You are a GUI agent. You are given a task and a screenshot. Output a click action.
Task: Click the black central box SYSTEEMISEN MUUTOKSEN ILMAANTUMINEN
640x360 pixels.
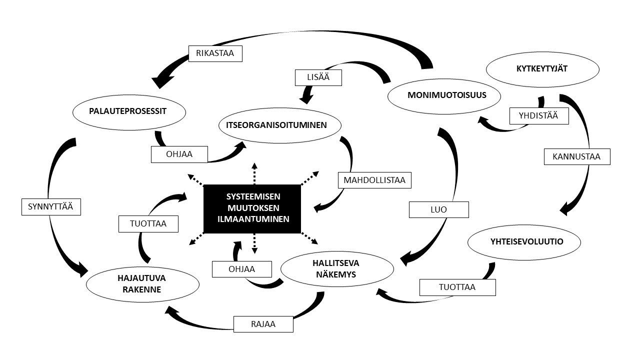252,208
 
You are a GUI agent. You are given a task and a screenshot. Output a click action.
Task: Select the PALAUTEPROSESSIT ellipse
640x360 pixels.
129,112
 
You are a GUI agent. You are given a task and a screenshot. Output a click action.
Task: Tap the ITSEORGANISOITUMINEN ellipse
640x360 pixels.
273,125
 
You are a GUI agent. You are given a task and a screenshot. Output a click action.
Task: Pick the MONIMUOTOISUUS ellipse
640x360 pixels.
444,95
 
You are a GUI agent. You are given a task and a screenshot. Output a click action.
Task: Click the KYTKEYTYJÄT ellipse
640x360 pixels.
541,68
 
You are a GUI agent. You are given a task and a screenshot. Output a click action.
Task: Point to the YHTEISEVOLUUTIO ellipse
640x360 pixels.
523,241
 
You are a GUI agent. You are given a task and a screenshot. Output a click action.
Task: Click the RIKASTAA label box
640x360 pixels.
215,53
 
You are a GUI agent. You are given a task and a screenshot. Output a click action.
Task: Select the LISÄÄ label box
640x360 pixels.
318,77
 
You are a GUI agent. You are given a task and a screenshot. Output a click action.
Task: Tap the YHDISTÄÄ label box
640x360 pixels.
539,116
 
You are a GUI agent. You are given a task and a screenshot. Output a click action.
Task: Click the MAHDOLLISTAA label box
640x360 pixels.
374,180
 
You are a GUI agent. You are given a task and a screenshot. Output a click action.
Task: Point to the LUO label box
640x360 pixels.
438,209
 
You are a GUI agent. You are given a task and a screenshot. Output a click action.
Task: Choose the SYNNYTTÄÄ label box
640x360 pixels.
51,206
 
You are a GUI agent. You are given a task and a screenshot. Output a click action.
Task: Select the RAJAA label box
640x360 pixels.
263,324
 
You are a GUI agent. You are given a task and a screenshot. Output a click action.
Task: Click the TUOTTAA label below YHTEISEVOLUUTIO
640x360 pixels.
457,287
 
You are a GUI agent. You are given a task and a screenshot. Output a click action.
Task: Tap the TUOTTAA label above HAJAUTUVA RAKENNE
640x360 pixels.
148,224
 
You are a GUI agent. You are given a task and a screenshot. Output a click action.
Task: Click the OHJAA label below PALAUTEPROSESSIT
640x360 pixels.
179,154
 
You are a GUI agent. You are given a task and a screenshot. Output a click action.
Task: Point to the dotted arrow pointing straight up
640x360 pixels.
254,173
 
